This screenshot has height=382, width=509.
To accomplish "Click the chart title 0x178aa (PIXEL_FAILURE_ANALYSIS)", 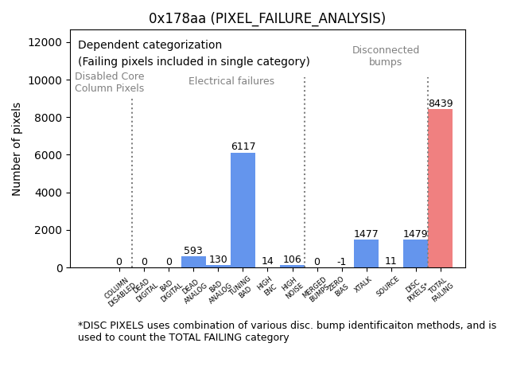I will (267, 18).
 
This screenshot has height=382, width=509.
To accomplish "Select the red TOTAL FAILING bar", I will (440, 188).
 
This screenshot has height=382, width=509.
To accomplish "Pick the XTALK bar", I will (366, 253).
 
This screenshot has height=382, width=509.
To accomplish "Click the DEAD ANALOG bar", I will (193, 262).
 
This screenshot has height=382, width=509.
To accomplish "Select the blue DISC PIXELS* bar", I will (415, 253).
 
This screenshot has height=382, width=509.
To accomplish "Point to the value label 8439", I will (440, 103).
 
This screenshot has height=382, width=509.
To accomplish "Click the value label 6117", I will (243, 146).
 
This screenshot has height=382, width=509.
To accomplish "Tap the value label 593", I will (193, 251).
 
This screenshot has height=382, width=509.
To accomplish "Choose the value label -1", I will (341, 262).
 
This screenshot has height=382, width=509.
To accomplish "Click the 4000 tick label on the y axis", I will (49, 193).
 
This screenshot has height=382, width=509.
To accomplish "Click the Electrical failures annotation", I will (231, 81).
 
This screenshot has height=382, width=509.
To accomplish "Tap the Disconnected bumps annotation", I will (386, 56).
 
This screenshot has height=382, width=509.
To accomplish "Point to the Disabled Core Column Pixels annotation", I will (110, 82).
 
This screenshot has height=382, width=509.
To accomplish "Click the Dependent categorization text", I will (150, 45).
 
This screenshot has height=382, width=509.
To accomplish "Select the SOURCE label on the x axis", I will (388, 286).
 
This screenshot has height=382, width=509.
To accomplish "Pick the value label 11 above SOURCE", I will (390, 261).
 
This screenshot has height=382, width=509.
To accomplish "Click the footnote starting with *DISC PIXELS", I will (286, 331).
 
